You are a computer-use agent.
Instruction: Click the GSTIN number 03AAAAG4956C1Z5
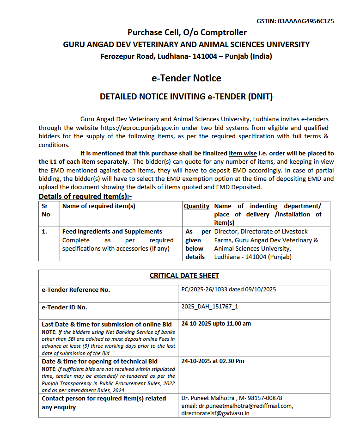click(x=306, y=21)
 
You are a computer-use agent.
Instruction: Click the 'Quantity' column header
click(x=196, y=206)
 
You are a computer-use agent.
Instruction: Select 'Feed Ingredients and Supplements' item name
click(x=112, y=231)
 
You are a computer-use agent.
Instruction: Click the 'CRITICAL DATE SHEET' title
click(x=184, y=276)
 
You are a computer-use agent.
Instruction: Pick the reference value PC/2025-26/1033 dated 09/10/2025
click(x=228, y=289)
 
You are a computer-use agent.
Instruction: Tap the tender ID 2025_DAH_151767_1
click(x=210, y=307)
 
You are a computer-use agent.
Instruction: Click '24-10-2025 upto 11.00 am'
click(x=216, y=324)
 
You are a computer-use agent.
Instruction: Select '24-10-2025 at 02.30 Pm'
click(x=213, y=361)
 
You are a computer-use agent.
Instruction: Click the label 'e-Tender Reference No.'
click(x=76, y=290)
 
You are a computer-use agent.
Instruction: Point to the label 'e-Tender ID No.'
click(x=64, y=307)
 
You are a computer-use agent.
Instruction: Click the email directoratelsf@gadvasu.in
click(x=215, y=413)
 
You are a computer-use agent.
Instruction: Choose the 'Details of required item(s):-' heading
click(x=85, y=197)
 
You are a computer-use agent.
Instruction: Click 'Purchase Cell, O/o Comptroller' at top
click(x=187, y=32)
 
